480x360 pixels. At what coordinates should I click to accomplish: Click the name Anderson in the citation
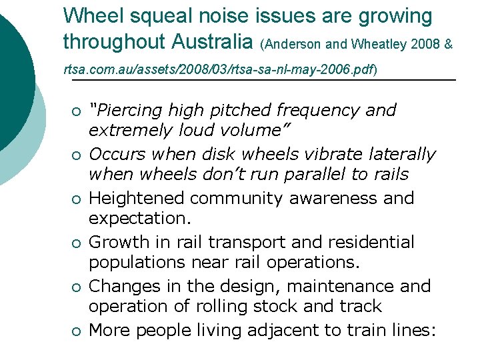click(x=293, y=45)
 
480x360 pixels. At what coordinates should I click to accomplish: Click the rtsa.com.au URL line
click(x=220, y=69)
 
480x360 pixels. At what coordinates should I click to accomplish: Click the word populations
click(x=137, y=262)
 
